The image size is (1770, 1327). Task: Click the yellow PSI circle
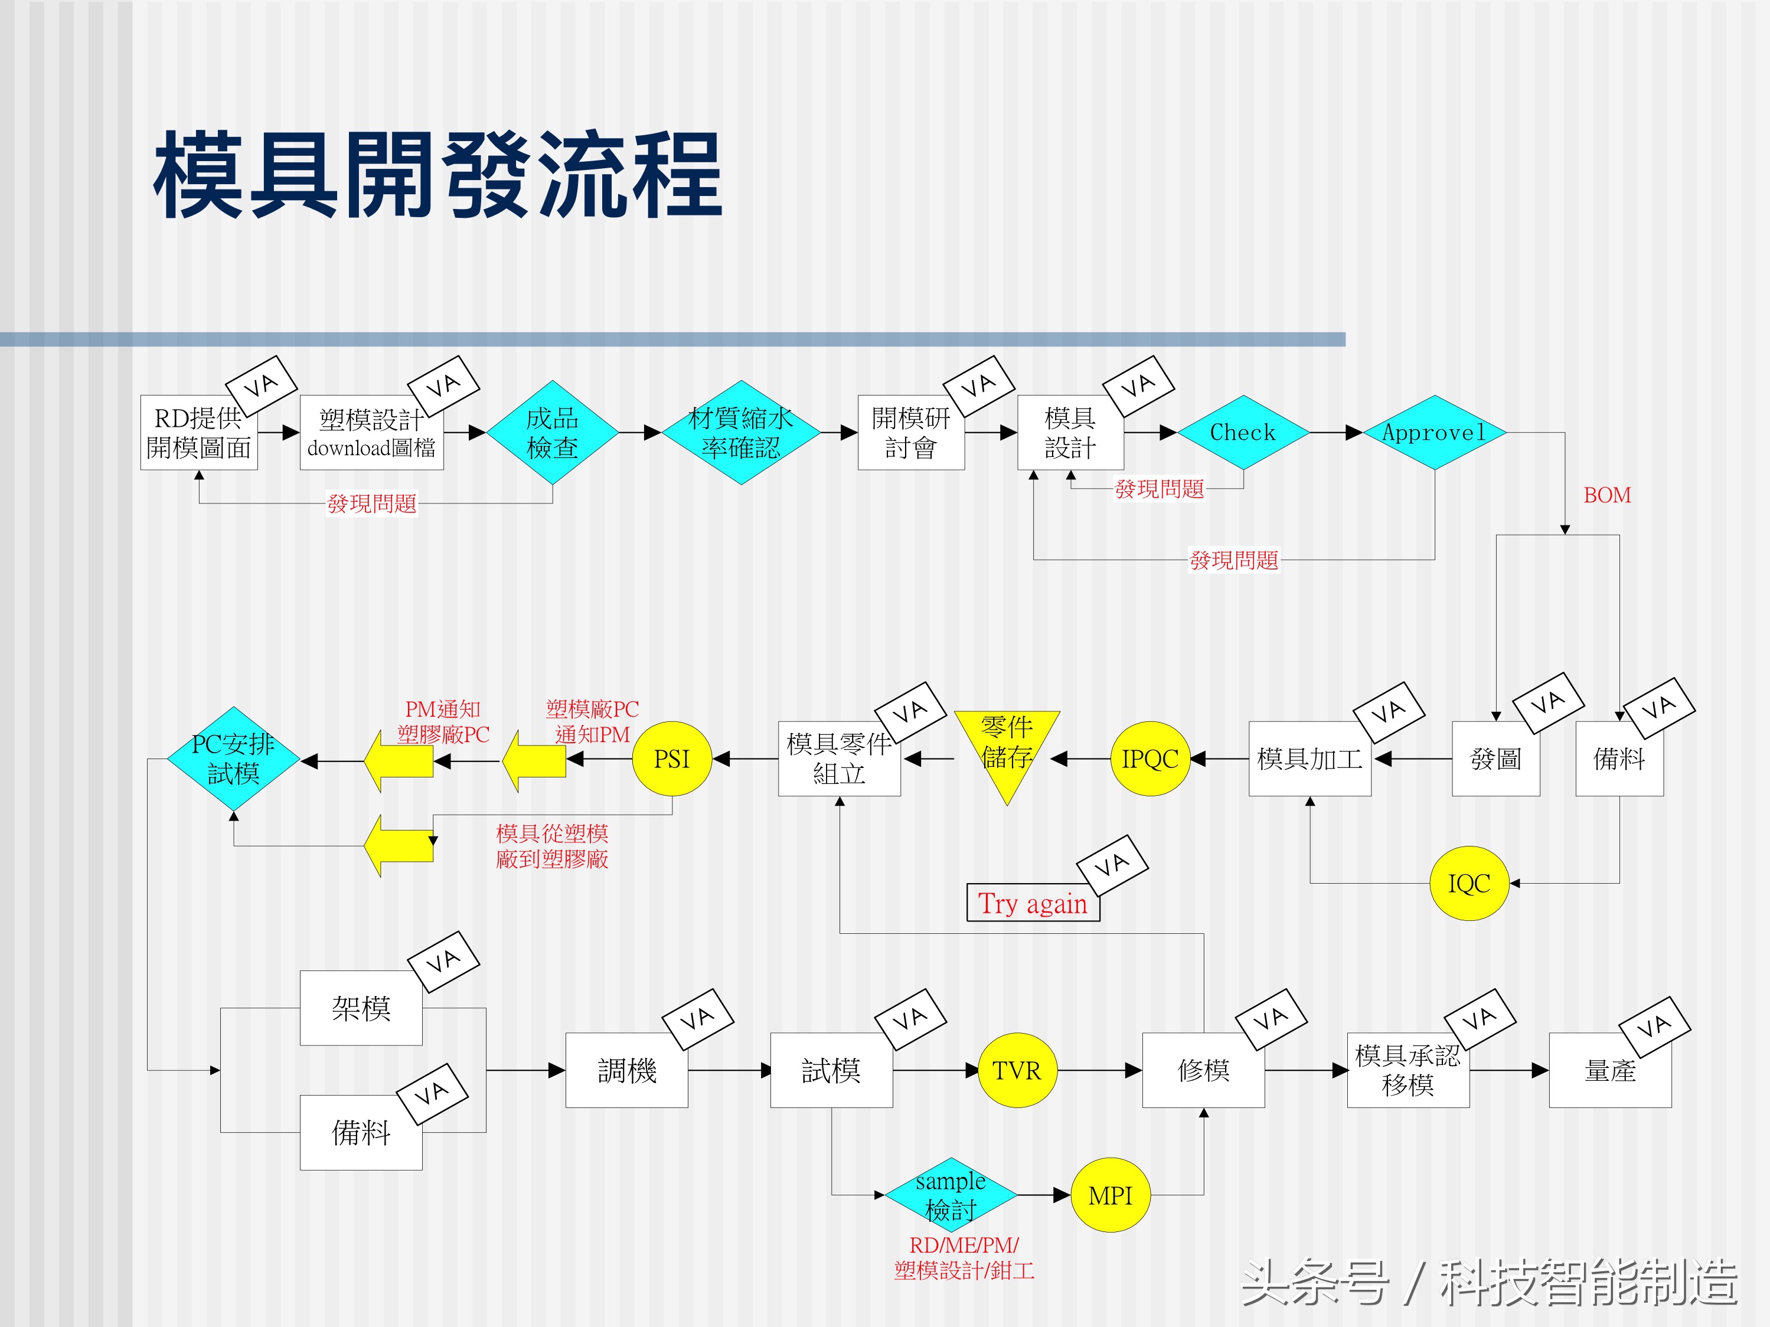point(671,759)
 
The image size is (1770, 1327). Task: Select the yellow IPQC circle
point(1150,759)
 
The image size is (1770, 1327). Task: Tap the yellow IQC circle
point(1468,883)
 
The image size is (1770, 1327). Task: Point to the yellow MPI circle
point(1110,1195)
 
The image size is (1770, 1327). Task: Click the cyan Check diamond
point(1243,433)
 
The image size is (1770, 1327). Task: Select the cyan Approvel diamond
point(1434,433)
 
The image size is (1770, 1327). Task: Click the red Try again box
point(1032,903)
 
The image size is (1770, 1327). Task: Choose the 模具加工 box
point(1309,759)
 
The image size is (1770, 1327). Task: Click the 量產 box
point(1610,1070)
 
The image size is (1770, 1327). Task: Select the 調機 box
point(626,1070)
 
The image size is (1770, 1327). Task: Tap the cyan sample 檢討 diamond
point(951,1195)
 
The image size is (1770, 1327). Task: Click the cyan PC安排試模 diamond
point(233,759)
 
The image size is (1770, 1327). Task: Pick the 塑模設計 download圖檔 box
point(371,433)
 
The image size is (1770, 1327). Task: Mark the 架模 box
point(361,1008)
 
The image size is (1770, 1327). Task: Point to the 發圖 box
point(1495,759)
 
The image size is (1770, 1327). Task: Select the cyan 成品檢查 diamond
point(552,433)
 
